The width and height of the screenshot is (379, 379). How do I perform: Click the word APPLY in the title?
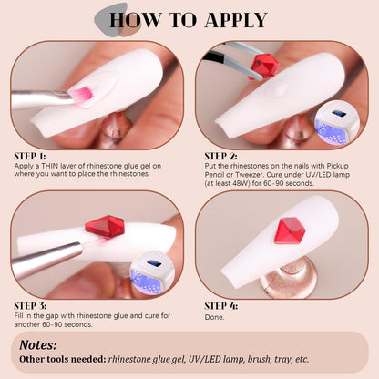pyautogui.click(x=236, y=20)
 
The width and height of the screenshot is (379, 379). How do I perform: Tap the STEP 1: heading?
pyautogui.click(x=30, y=156)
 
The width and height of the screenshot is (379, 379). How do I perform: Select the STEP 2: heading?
pyautogui.click(x=220, y=156)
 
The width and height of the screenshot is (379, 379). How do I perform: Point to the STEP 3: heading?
pyautogui.click(x=30, y=306)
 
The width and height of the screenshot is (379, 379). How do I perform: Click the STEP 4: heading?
pyautogui.click(x=220, y=306)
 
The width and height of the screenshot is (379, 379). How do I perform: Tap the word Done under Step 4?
pyautogui.click(x=214, y=317)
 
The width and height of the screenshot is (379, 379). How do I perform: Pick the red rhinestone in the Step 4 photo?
pyautogui.click(x=290, y=230)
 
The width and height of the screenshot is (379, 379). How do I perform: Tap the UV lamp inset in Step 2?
pyautogui.click(x=337, y=125)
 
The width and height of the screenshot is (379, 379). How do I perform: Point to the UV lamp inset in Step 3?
pyautogui.click(x=152, y=273)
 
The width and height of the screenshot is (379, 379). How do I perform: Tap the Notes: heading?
pyautogui.click(x=38, y=345)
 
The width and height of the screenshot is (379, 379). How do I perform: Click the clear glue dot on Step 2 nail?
pyautogui.click(x=277, y=89)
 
